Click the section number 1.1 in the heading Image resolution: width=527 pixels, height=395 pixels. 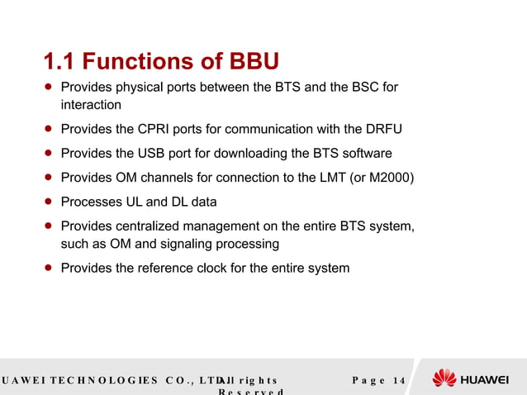[x=59, y=62]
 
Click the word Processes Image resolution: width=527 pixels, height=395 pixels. [x=91, y=202]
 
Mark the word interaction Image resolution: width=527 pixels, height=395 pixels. [x=91, y=105]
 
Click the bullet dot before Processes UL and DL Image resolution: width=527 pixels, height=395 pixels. [x=49, y=202]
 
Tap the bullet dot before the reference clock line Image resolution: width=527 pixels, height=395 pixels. [x=49, y=268]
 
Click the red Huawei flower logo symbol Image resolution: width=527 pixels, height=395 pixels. [x=444, y=379]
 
